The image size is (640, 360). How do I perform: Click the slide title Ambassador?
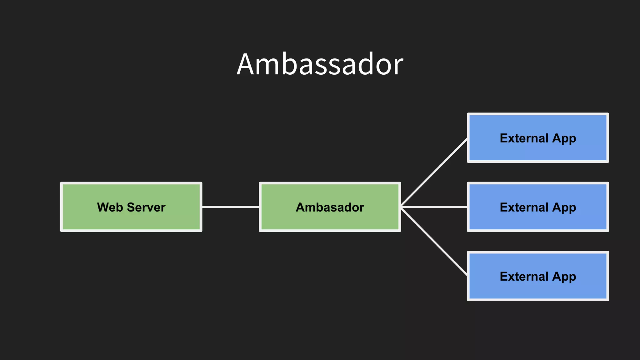[320, 64]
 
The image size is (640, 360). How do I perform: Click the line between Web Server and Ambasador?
[231, 207]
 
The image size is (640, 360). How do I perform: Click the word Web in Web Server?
[110, 207]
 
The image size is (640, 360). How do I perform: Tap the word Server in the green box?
[146, 207]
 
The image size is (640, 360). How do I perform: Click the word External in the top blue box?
[524, 138]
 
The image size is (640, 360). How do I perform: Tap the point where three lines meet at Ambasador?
[402, 207]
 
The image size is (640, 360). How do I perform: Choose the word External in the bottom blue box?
[524, 276]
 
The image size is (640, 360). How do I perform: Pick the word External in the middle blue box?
[524, 207]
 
